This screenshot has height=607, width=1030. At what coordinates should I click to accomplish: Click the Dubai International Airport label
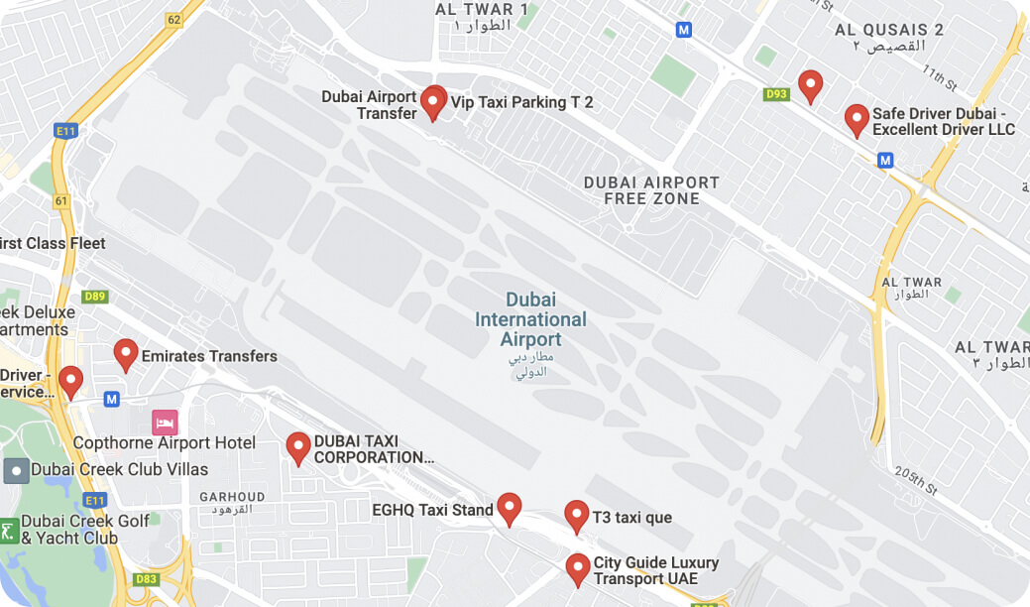point(530,319)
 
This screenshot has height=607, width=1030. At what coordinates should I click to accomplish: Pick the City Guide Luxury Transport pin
point(578,569)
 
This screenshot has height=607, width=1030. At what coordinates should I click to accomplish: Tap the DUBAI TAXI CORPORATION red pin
point(298,448)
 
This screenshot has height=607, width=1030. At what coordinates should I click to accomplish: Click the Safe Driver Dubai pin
point(857,120)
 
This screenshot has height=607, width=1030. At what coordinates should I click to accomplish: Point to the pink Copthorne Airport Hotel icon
point(165,423)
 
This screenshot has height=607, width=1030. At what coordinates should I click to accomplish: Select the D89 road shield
point(95,296)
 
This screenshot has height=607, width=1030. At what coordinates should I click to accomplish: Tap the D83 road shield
point(146,579)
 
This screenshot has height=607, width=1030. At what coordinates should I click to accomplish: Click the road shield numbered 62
point(174,19)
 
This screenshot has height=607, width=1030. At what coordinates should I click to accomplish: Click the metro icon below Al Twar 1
point(683,30)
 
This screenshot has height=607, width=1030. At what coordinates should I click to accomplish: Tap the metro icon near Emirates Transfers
point(111,399)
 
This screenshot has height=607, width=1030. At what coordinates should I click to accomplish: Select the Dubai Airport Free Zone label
point(651,190)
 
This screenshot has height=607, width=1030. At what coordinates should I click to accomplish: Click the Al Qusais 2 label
point(889,38)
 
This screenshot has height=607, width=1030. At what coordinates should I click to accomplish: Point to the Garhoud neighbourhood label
point(233,501)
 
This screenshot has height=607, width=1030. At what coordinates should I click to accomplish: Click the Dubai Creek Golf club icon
point(9,531)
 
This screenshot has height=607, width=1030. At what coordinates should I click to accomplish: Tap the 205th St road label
point(915,480)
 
